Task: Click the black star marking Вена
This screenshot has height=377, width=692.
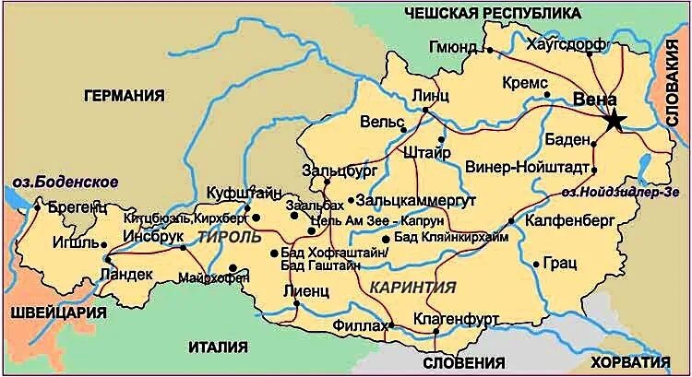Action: point(614,119)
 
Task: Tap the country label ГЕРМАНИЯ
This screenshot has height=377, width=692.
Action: point(124,95)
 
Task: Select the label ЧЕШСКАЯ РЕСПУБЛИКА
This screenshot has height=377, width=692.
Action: point(494,12)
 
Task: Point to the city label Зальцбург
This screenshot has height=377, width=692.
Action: point(337,170)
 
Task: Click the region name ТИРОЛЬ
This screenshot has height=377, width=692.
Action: point(228,237)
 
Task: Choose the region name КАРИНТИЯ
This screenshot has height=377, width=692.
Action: point(412,287)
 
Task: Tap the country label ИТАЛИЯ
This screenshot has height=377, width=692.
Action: point(218,347)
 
